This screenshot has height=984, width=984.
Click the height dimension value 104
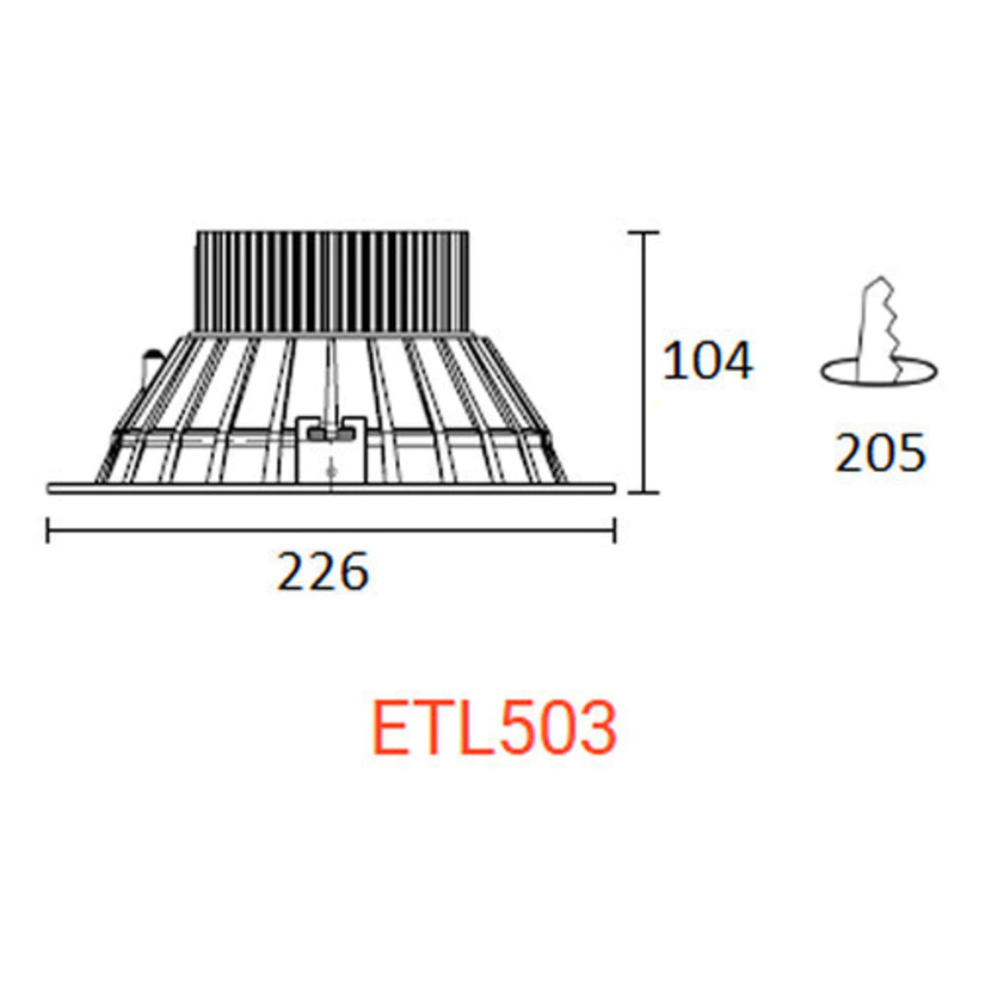point(707,361)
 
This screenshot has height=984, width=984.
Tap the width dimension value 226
point(323,572)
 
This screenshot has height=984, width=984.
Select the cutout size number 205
point(880,453)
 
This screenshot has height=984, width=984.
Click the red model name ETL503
point(495,728)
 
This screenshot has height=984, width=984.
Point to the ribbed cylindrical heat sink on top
point(332,282)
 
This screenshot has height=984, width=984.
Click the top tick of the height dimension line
point(643,233)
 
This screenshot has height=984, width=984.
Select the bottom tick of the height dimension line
point(643,493)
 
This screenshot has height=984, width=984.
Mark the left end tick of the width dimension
point(48,530)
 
